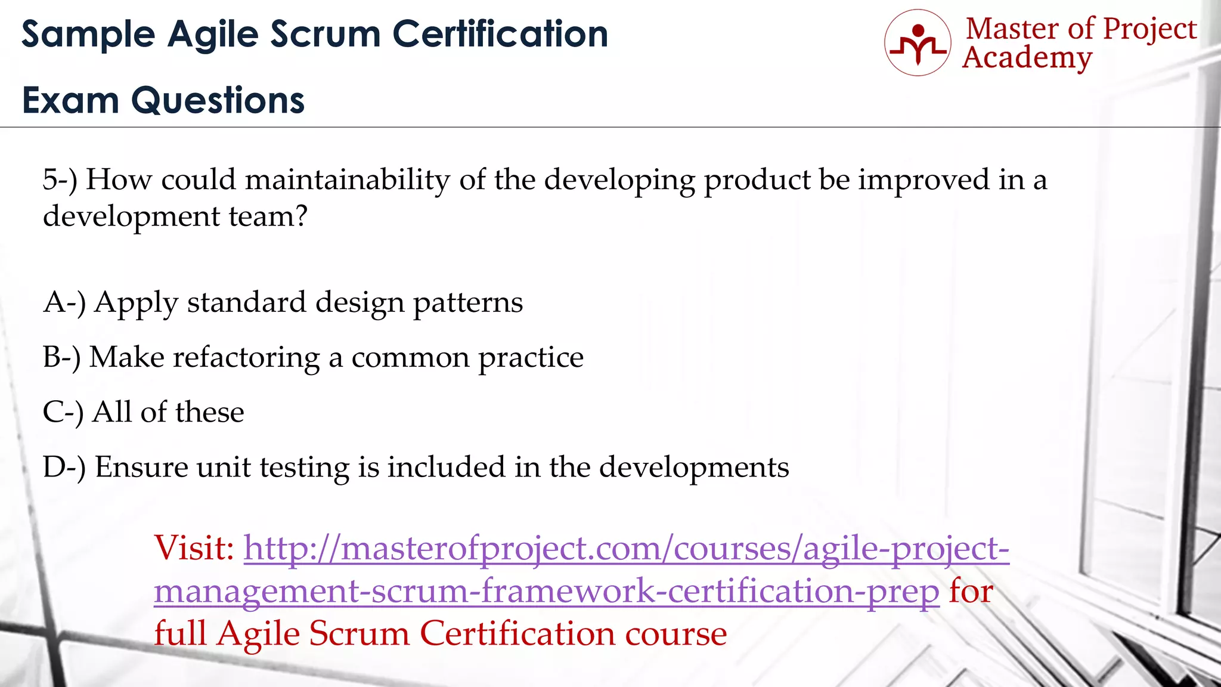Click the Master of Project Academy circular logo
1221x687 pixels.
[x=918, y=42]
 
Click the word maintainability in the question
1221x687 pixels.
[x=348, y=180]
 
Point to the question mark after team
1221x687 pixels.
[x=301, y=216]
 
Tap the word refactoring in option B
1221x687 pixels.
[x=246, y=358]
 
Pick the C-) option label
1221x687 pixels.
[x=63, y=412]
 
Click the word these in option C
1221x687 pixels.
[x=210, y=412]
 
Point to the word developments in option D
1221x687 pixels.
[x=694, y=467]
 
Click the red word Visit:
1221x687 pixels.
[x=194, y=547]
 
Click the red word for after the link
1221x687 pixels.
[x=971, y=591]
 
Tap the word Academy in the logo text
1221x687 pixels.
[x=1027, y=58]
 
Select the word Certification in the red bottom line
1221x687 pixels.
[x=517, y=633]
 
